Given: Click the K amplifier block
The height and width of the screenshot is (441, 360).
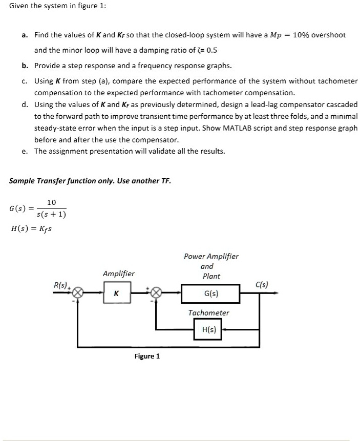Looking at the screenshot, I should click(x=117, y=294).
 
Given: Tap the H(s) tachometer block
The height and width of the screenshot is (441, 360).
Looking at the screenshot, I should click(x=207, y=330).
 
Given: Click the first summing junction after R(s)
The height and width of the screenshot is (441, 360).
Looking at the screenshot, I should click(x=77, y=293).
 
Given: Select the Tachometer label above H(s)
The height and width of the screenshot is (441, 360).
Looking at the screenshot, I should click(x=208, y=312).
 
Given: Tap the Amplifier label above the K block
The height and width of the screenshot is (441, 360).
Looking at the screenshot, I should click(x=118, y=274).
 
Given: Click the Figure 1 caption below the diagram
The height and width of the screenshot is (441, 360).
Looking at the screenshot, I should click(x=147, y=356).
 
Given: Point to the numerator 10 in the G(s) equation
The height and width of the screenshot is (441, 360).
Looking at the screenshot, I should click(x=51, y=203).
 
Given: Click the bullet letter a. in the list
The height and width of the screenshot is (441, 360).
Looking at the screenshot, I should click(x=25, y=35).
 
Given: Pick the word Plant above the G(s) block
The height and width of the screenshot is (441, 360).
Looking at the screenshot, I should click(x=211, y=276).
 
